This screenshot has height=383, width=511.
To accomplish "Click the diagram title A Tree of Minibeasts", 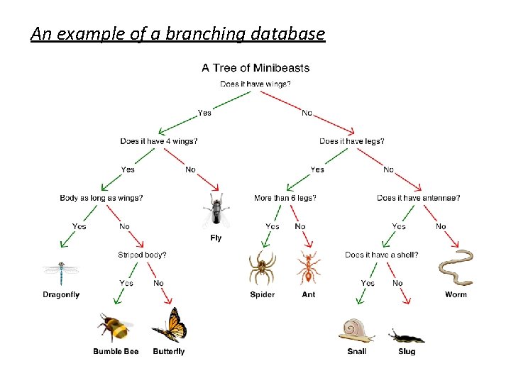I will (x=255, y=68).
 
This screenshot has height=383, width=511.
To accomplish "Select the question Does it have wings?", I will (x=255, y=84).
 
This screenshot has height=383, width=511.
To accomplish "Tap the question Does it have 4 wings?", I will (x=159, y=141).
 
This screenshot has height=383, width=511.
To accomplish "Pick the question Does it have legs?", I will (x=352, y=141).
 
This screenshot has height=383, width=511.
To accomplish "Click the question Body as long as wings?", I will (x=101, y=198).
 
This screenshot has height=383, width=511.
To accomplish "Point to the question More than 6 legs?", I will (x=285, y=198).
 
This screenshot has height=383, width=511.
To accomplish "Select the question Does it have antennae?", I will (x=419, y=198).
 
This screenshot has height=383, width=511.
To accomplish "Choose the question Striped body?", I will (x=143, y=255).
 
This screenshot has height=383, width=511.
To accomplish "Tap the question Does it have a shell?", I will (x=382, y=255).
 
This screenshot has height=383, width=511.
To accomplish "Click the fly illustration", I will (x=216, y=211).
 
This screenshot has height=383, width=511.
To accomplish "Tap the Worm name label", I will (x=456, y=294).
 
